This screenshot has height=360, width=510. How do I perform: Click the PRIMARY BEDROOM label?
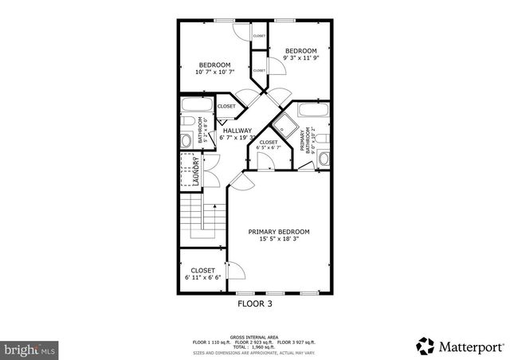[278, 232]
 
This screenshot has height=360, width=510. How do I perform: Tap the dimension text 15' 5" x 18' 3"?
[278, 239]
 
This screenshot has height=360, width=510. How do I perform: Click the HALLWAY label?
[237, 131]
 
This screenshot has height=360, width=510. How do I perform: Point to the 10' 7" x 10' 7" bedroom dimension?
[214, 73]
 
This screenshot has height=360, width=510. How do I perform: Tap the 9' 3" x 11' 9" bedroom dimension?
[301, 58]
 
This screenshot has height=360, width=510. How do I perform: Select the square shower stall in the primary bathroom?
[284, 127]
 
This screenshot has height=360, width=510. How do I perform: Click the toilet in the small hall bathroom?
[186, 141]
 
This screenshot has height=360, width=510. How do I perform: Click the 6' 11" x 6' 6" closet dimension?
[202, 278]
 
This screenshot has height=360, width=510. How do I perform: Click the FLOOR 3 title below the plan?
[255, 303]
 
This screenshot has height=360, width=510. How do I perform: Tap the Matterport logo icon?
[425, 346]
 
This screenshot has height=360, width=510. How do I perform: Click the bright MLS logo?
[30, 348]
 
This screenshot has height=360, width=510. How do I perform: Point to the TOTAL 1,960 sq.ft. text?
[255, 346]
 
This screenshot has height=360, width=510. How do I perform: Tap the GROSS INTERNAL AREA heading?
[255, 337]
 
